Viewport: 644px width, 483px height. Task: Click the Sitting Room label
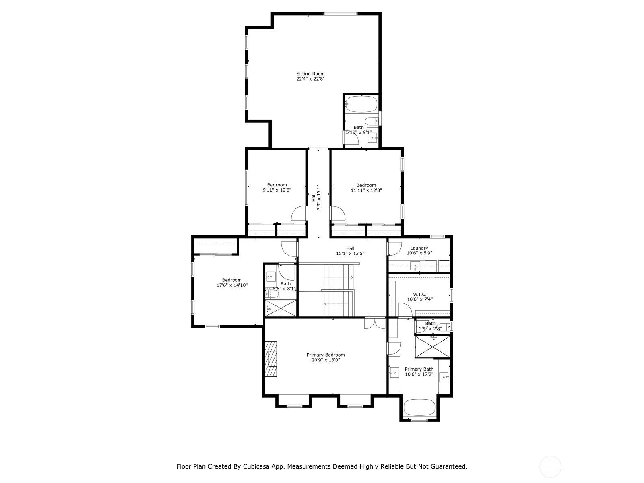pos(310,74)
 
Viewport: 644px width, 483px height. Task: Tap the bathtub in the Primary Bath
pos(419,407)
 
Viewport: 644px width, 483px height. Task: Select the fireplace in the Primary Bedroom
pos(271,359)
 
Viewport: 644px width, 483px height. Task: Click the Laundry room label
pos(419,248)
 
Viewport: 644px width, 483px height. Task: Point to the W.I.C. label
pos(419,294)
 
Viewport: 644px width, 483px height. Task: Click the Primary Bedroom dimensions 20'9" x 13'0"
pos(326,360)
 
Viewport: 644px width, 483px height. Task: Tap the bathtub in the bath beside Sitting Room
pos(361,104)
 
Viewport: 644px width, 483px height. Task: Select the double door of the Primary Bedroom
pos(375,323)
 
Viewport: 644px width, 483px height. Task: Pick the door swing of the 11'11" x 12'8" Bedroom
pos(338,213)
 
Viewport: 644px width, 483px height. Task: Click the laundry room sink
pos(415,266)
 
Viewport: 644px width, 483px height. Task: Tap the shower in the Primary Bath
pos(432,347)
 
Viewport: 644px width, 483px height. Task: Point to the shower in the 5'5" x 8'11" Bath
pos(281,308)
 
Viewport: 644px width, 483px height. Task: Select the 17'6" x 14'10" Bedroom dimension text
pos(232,285)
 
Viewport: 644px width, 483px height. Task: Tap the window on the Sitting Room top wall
pos(341,14)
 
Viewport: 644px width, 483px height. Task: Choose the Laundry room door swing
pos(394,248)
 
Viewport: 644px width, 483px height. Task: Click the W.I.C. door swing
pos(405,310)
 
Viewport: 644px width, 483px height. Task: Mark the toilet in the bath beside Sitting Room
pos(372,121)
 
